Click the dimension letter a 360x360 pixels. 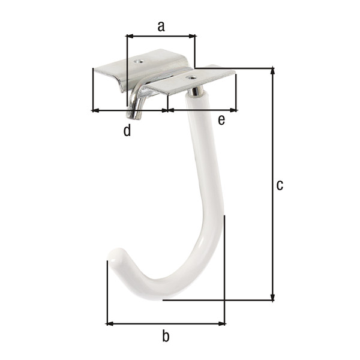(x=161, y=26)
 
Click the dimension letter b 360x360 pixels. (x=166, y=336)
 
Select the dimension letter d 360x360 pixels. (x=127, y=130)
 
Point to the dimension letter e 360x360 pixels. (x=221, y=120)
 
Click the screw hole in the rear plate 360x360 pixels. (x=139, y=61)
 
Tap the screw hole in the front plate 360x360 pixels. (x=191, y=78)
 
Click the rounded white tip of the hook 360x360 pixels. (x=115, y=257)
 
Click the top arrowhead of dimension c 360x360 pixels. (x=272, y=71)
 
